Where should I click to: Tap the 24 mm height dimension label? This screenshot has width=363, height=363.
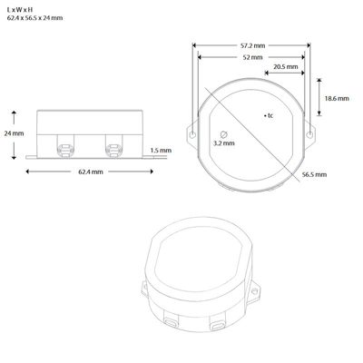[12, 132]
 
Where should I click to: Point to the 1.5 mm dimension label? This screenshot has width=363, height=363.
[160, 151]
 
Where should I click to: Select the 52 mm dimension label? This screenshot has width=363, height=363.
[253, 56]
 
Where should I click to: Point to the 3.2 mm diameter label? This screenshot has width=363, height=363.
[222, 142]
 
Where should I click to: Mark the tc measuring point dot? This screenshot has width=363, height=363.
[264, 116]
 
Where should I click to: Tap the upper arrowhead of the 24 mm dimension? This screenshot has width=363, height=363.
[15, 113]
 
